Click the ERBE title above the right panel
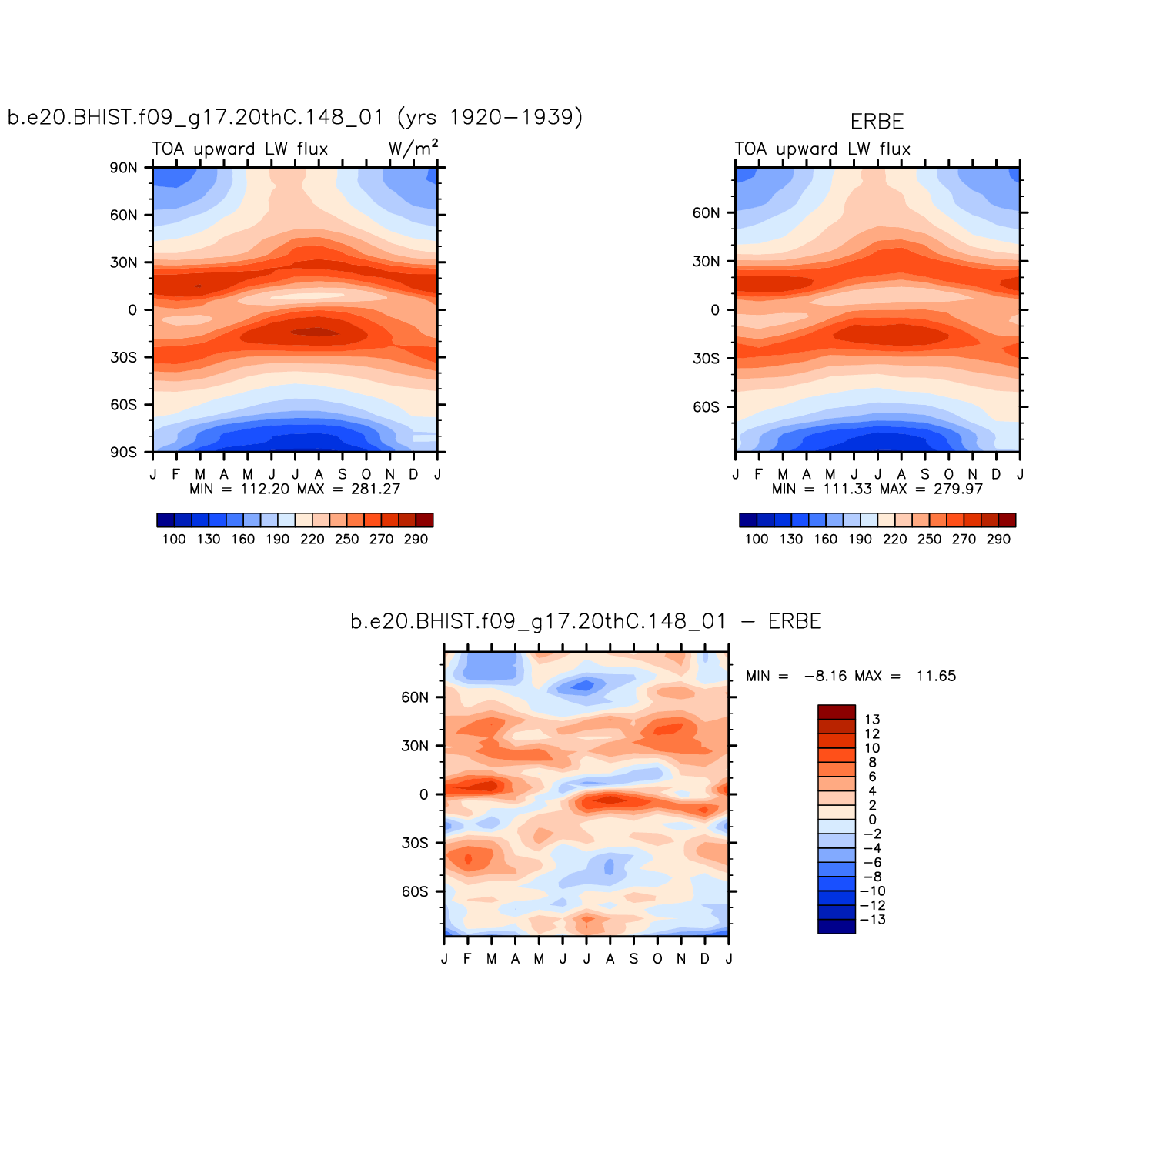pyautogui.click(x=877, y=122)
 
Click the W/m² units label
pyautogui.click(x=413, y=148)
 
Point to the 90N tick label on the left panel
pyautogui.click(x=123, y=168)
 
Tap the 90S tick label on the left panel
pyautogui.click(x=123, y=452)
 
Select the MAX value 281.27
pyautogui.click(x=376, y=489)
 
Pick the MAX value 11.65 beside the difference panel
pyautogui.click(x=936, y=676)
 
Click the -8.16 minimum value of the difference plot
pyautogui.click(x=825, y=676)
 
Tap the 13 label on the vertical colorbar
pyautogui.click(x=872, y=720)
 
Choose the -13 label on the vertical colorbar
pyautogui.click(x=872, y=920)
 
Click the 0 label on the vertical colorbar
pyautogui.click(x=872, y=820)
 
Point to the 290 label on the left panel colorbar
pyautogui.click(x=416, y=539)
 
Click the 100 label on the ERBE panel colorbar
pyautogui.click(x=757, y=539)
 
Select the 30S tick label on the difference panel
pyautogui.click(x=415, y=843)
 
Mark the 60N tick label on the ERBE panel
pyautogui.click(x=706, y=213)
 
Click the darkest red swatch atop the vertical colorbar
pyautogui.click(x=837, y=712)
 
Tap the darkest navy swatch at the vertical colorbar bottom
pyautogui.click(x=837, y=927)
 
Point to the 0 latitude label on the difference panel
pyautogui.click(x=423, y=794)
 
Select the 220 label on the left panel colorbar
pyautogui.click(x=312, y=539)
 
